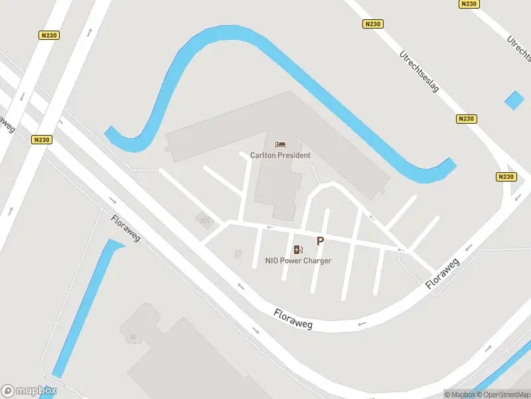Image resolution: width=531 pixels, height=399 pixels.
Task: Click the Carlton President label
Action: coord(280,155)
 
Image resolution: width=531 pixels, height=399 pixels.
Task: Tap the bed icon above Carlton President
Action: coord(280,144)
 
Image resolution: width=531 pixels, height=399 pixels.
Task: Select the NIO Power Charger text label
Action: coord(298,261)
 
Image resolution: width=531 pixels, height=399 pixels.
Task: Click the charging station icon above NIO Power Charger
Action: coord(298,250)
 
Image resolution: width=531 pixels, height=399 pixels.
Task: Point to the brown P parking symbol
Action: coord(320,242)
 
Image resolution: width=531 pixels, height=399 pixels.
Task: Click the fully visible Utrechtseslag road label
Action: coord(419,72)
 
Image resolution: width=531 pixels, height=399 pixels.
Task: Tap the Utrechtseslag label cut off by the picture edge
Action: coord(518,49)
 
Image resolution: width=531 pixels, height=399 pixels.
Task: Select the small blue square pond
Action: coord(514,100)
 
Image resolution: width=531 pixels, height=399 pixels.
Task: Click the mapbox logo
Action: coord(29,391)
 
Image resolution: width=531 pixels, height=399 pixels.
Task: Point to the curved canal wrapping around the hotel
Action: coord(219,40)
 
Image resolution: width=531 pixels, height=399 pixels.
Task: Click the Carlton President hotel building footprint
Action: coord(279,180)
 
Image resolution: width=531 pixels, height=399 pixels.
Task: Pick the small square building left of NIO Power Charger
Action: coord(238,254)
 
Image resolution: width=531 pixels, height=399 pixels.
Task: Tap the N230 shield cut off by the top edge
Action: coord(469,3)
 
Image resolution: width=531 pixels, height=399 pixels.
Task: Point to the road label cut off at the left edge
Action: coord(7,123)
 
